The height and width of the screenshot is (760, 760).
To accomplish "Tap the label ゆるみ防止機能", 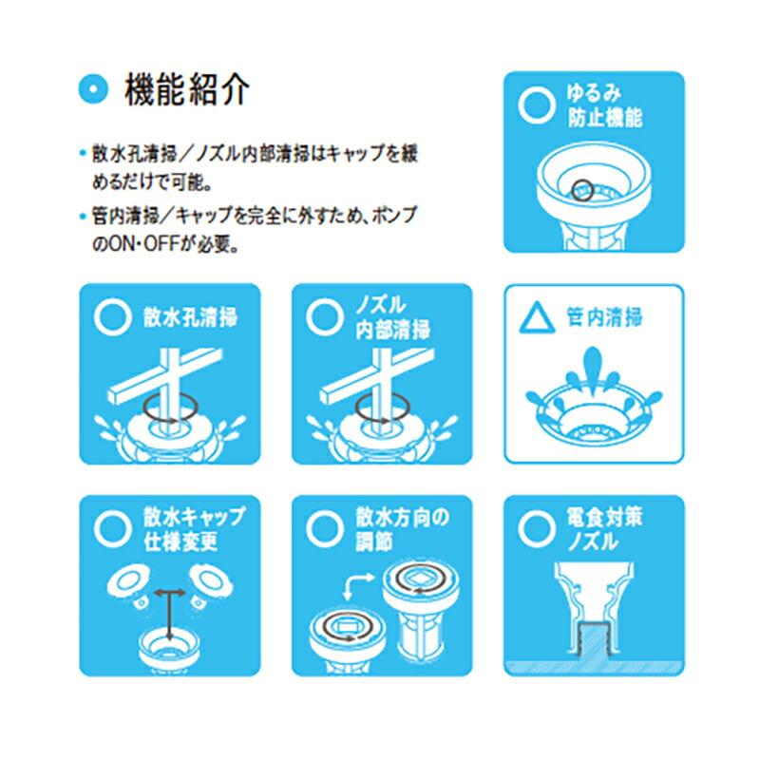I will click(x=605, y=106).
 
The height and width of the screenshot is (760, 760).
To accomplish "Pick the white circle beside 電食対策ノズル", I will click(x=538, y=525).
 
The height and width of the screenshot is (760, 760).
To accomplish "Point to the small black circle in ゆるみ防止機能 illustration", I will click(x=583, y=188).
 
